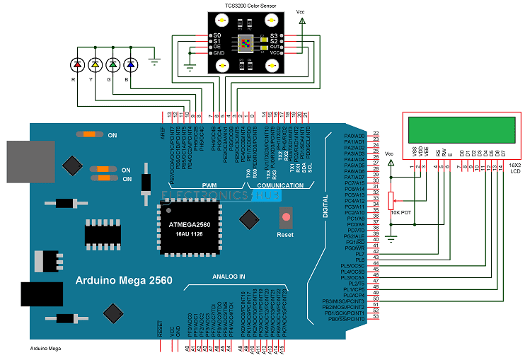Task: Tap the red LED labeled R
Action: pos(77,65)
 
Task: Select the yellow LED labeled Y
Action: pos(95,65)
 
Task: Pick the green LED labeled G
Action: pos(112,65)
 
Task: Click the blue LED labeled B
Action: pos(129,65)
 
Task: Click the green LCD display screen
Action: pos(461,130)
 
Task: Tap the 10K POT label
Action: pos(400,211)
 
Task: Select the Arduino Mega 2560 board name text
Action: pos(124,281)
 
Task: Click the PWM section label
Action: pos(209,185)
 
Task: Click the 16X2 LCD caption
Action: pos(514,168)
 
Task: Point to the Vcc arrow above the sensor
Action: pos(303,22)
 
